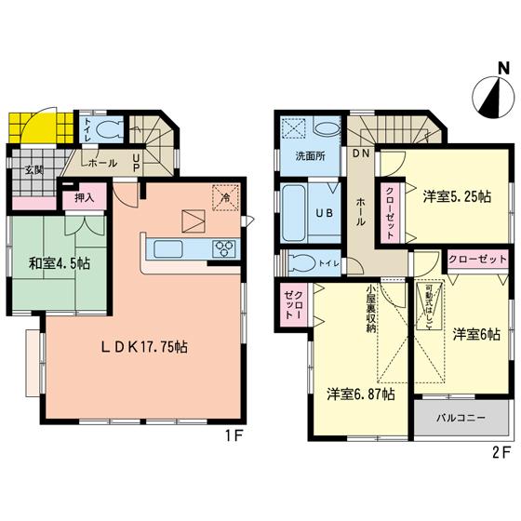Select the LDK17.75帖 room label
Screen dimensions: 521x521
click(144, 347)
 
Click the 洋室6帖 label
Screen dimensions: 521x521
click(475, 332)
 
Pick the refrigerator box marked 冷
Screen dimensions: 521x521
click(223, 196)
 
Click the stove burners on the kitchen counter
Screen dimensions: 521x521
click(226, 248)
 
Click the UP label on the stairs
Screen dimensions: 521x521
click(138, 163)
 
